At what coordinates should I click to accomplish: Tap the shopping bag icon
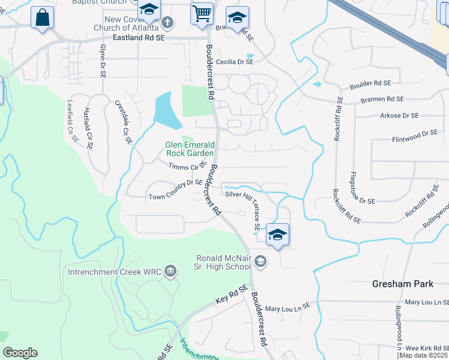[x=42, y=17]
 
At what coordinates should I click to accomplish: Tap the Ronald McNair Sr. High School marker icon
[x=261, y=261]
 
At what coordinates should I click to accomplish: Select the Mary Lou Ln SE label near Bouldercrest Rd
[x=288, y=308]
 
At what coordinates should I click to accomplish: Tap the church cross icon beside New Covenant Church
[x=168, y=23]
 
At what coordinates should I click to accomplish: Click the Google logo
[x=20, y=353]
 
